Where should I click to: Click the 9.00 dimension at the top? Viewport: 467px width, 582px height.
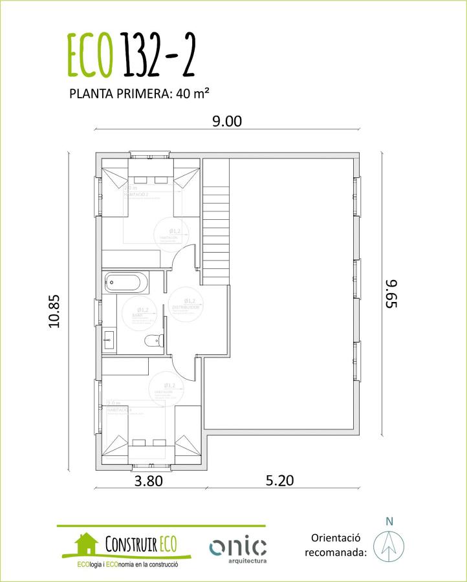pos(227,120)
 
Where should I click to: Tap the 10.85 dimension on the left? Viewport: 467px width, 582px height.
pos(54,311)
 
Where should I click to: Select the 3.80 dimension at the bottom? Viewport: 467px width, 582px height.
pos(147,480)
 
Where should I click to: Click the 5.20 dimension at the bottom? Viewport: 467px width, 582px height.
pos(279,480)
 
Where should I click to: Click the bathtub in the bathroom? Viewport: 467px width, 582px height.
pos(127,283)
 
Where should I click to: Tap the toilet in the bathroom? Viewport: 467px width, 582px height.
pos(153,341)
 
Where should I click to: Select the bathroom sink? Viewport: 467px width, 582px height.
pos(109,338)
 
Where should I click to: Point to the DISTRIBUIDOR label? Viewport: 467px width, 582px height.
pos(186,307)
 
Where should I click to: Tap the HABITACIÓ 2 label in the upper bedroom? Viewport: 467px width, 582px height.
pos(137,193)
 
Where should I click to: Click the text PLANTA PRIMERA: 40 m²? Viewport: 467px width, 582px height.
pos(138,93)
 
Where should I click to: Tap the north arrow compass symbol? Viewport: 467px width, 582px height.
pos(389,544)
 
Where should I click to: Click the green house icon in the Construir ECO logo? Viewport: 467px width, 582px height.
pos(85,544)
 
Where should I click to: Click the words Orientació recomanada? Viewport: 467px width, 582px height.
pos(335,545)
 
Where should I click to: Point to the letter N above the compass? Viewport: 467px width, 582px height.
pos(389,521)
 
